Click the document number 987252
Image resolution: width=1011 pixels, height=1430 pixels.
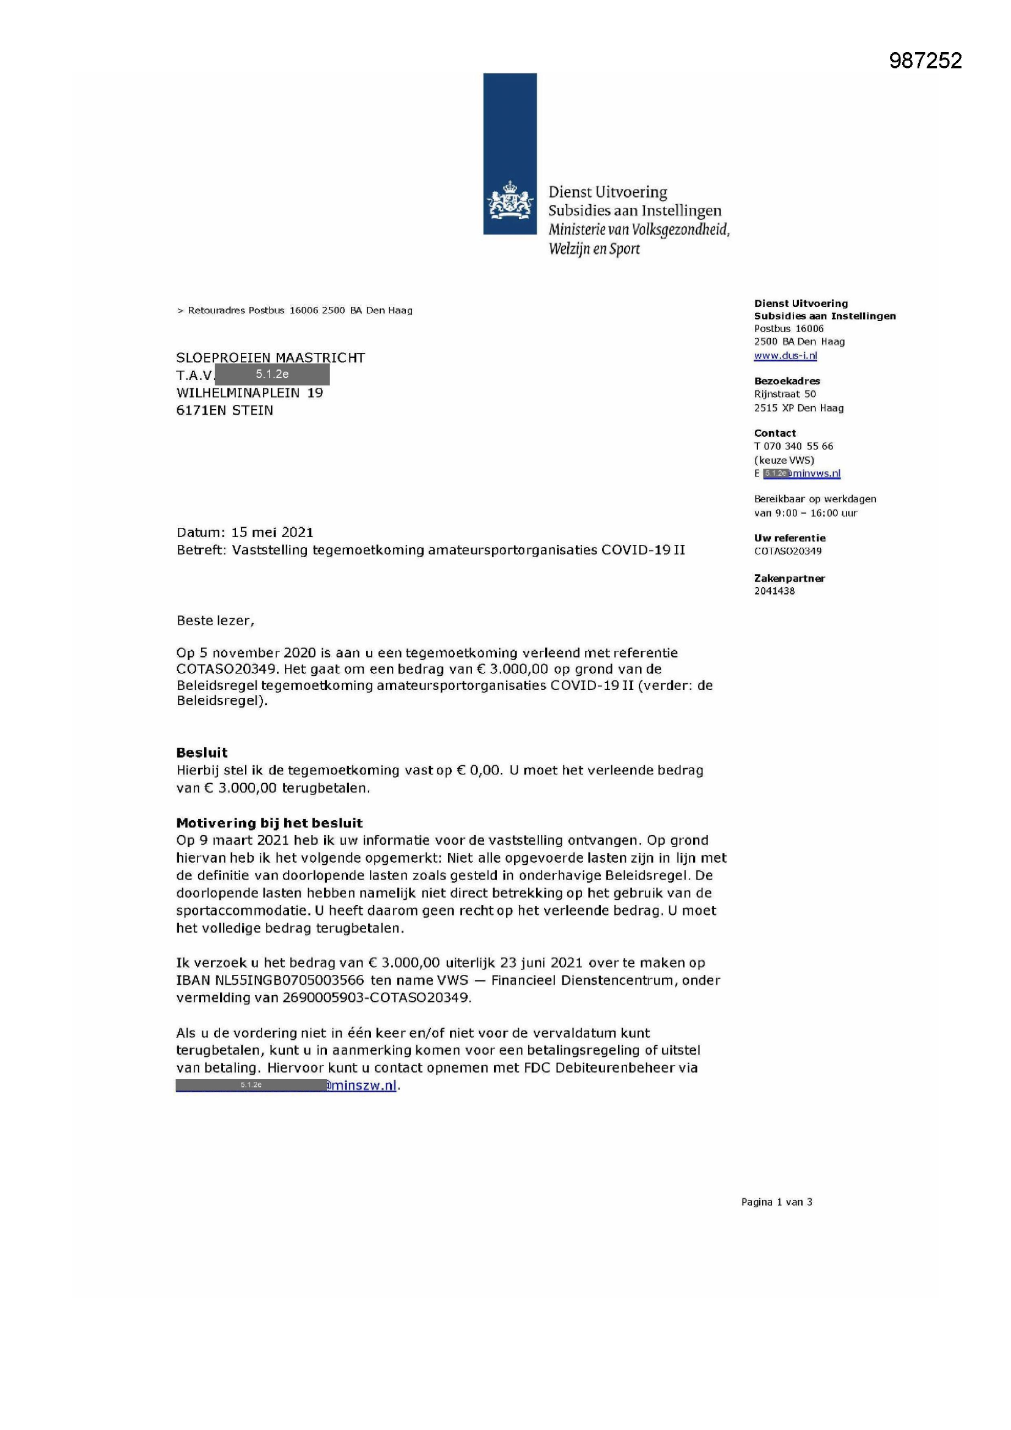pos(925,61)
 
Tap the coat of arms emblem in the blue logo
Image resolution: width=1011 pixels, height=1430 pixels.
pos(510,201)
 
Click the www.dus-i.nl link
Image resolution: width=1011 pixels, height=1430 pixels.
pos(785,355)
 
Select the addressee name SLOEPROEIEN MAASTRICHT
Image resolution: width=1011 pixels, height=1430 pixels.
pos(270,357)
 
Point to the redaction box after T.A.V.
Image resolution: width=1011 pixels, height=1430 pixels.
pos(272,374)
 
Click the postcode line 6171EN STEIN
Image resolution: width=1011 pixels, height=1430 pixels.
pos(225,410)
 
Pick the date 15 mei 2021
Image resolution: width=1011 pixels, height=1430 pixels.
pos(272,533)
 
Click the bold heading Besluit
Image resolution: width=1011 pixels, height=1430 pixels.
pos(202,752)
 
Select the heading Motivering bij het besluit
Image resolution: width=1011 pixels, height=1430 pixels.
pos(269,823)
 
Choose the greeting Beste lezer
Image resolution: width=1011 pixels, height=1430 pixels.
pos(215,620)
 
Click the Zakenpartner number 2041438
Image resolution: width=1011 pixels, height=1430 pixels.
pos(774,591)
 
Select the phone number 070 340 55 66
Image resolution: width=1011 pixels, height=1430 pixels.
pos(798,446)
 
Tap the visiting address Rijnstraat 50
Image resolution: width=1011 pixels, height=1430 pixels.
pos(784,394)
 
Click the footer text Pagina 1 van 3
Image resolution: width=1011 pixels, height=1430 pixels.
pos(776,1202)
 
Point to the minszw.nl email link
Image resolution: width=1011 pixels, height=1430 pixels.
pos(362,1086)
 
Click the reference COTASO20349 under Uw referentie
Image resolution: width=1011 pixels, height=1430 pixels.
pos(787,551)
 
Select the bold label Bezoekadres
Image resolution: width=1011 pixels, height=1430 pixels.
pos(787,380)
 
